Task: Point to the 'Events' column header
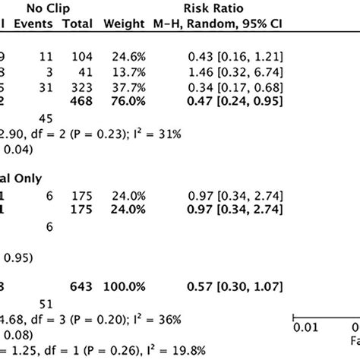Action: (33, 24)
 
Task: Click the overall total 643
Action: (81, 286)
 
